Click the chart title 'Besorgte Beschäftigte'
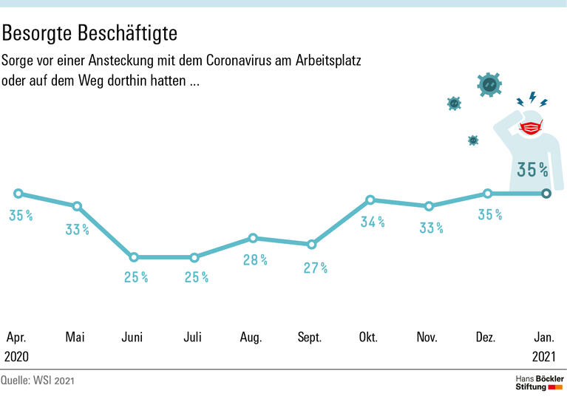pos(89,33)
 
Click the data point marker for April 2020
pos(18,194)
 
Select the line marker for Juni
pos(134,257)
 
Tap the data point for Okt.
pos(370,200)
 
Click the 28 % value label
pos(253,259)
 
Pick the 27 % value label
pos(315,268)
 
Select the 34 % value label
pos(372,222)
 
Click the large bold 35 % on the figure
pos(532,170)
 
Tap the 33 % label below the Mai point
pos(77,229)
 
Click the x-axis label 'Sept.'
pos(309,337)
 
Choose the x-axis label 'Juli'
pos(192,337)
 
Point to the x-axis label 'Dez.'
pos(485,337)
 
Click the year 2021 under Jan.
pos(543,356)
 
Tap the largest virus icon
pos(489,85)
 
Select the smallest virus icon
pos(473,140)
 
